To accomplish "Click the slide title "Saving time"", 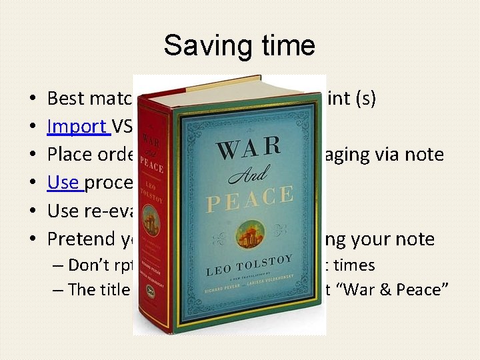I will click(239, 45).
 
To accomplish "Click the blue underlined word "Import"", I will click(77, 126).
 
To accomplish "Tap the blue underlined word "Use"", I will click(63, 182).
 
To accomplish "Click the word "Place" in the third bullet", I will click(69, 154).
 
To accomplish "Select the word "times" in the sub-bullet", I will click(354, 265).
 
